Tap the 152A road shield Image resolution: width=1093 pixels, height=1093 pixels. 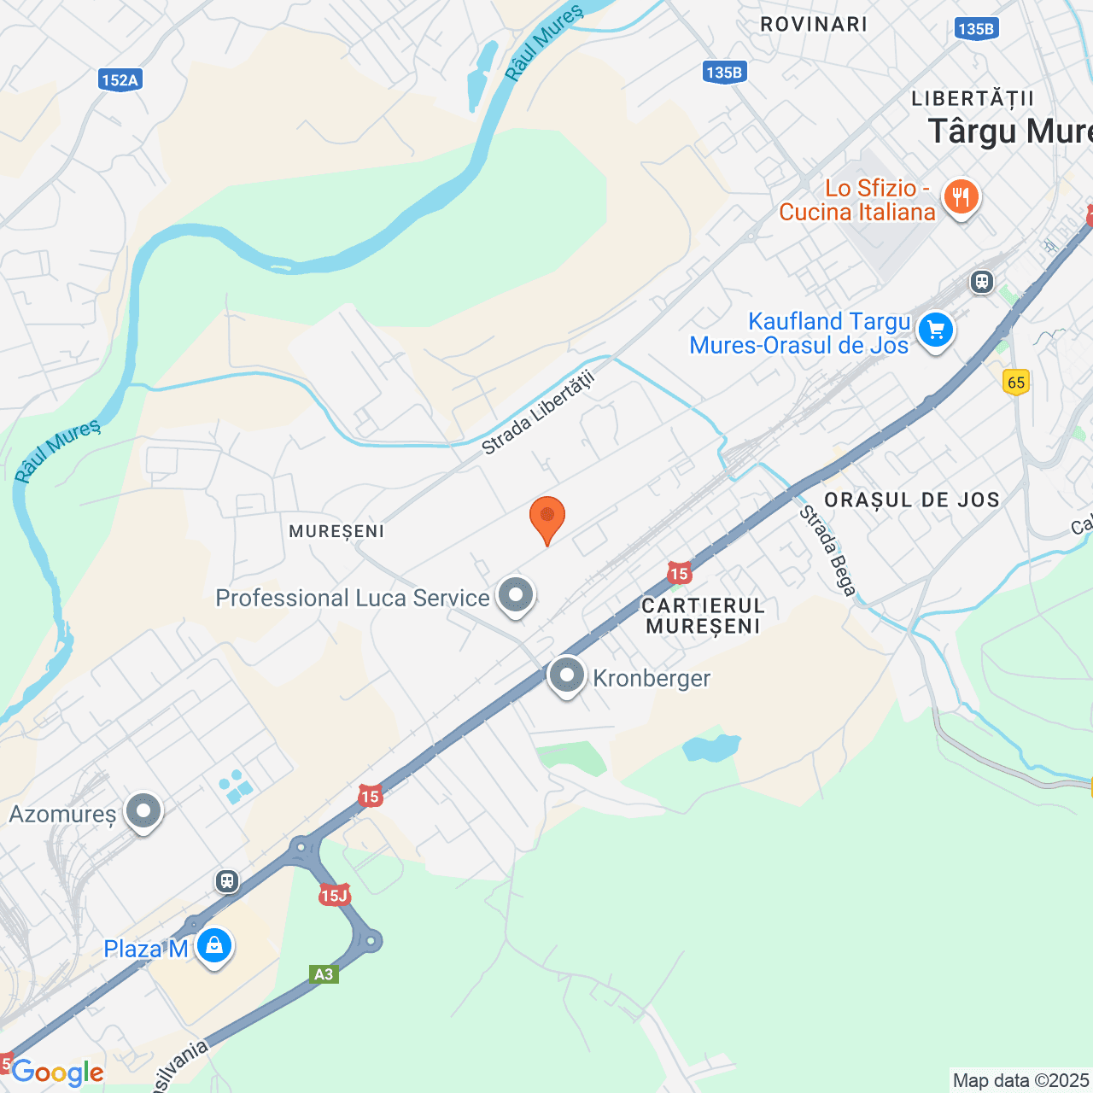pyautogui.click(x=120, y=80)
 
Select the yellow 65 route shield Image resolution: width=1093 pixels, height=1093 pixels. pyautogui.click(x=1016, y=382)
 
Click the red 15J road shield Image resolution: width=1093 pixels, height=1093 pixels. pyautogui.click(x=334, y=895)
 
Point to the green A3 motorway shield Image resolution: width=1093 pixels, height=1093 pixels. pyautogui.click(x=324, y=974)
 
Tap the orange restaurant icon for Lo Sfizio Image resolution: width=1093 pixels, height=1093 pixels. pyautogui.click(x=961, y=198)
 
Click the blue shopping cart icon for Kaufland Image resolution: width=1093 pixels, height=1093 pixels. pyautogui.click(x=936, y=330)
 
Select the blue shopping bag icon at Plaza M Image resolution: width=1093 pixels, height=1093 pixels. pyautogui.click(x=213, y=946)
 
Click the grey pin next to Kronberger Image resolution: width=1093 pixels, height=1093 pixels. pyautogui.click(x=566, y=675)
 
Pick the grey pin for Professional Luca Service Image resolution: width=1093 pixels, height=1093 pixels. pyautogui.click(x=515, y=594)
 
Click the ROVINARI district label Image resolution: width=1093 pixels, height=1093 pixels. pyautogui.click(x=813, y=25)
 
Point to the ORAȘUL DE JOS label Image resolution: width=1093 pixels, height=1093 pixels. pyautogui.click(x=912, y=500)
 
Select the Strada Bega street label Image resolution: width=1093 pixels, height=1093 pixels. pyautogui.click(x=827, y=551)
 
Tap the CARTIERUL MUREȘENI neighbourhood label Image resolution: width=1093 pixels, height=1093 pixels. pyautogui.click(x=703, y=616)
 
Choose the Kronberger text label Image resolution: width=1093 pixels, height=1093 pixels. pyautogui.click(x=652, y=679)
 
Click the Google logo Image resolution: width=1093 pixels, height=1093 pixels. pyautogui.click(x=57, y=1073)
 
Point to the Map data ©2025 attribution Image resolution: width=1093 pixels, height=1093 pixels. pyautogui.click(x=1020, y=1081)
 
